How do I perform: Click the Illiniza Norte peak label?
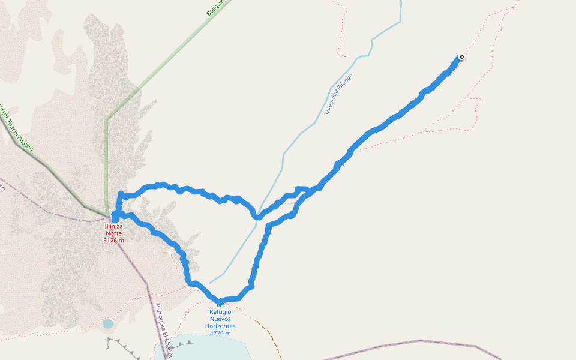(x=114, y=230)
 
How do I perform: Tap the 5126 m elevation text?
(x=114, y=241)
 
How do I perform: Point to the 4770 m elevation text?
(x=220, y=333)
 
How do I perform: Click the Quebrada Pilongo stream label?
(x=338, y=94)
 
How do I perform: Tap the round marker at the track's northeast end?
(x=461, y=57)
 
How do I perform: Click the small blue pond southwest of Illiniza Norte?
(x=108, y=324)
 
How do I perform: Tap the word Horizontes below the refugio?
(x=220, y=326)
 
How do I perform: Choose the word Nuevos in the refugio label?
(x=220, y=319)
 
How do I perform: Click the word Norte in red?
(x=114, y=233)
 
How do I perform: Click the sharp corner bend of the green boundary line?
(x=107, y=119)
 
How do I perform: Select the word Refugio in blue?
(x=220, y=311)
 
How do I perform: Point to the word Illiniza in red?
(x=114, y=226)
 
